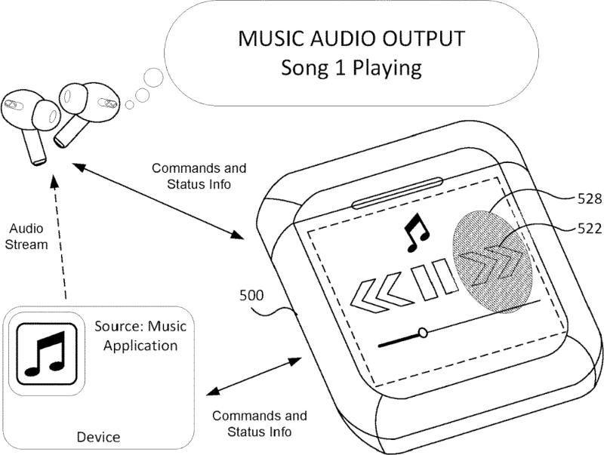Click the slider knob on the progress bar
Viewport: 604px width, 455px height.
point(423,331)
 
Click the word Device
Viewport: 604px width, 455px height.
point(99,436)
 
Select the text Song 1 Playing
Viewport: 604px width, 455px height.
point(350,68)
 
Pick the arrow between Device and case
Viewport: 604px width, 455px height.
point(253,376)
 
